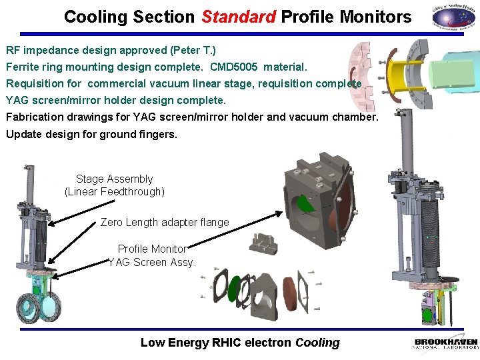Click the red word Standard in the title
coord(238,17)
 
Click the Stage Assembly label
coord(114,179)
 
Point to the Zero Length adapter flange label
coord(165,222)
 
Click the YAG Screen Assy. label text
coord(152,262)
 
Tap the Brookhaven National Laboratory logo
coord(445,343)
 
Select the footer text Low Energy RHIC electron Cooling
coord(240,343)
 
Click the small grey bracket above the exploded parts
coord(264,243)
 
